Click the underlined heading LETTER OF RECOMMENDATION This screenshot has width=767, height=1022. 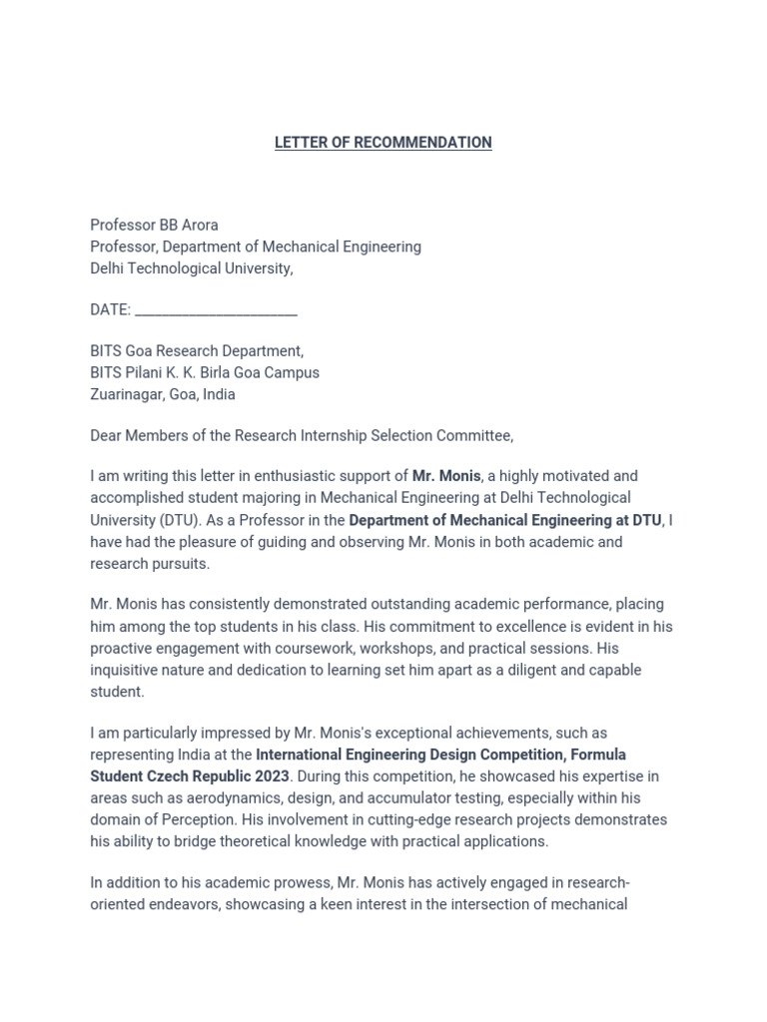click(x=383, y=143)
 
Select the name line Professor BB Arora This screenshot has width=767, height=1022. click(x=154, y=225)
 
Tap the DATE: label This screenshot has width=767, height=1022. click(x=110, y=310)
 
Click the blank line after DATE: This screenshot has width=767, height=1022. click(x=216, y=310)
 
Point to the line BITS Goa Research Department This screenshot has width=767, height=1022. click(x=197, y=351)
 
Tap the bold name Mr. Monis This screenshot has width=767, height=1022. click(x=446, y=476)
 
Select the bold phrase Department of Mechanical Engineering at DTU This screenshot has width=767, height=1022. click(x=504, y=520)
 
